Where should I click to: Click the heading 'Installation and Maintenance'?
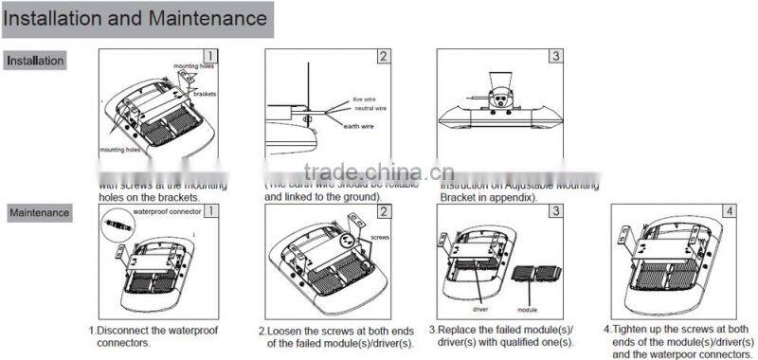(136, 18)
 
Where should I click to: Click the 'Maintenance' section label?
(40, 212)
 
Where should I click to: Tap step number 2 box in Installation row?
(383, 56)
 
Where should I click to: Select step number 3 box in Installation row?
(555, 56)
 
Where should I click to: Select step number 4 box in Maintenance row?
(728, 210)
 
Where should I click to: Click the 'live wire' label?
(365, 99)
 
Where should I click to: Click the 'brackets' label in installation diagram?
(205, 95)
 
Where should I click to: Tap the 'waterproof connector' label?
(165, 212)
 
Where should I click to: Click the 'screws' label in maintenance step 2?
(380, 238)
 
